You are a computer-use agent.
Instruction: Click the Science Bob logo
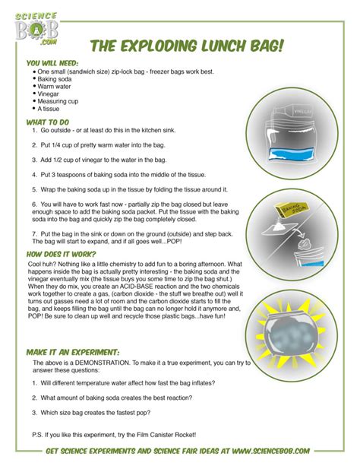pos(36,29)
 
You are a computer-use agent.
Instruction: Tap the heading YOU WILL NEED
pos(52,63)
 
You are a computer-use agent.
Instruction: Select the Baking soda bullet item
pos(55,79)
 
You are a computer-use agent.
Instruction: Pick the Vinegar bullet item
pos(48,94)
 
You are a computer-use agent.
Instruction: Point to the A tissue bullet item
pos(48,109)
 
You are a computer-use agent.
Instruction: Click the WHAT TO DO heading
pos(48,122)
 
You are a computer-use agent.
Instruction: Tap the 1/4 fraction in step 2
pos(55,145)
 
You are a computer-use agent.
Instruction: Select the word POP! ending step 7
pos(174,241)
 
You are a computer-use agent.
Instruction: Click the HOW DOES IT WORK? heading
pos(62,255)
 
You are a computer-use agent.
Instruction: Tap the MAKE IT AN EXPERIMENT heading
pos(73,353)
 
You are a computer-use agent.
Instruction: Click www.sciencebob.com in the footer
pos(271,451)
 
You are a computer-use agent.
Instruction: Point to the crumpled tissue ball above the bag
pos(304,246)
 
